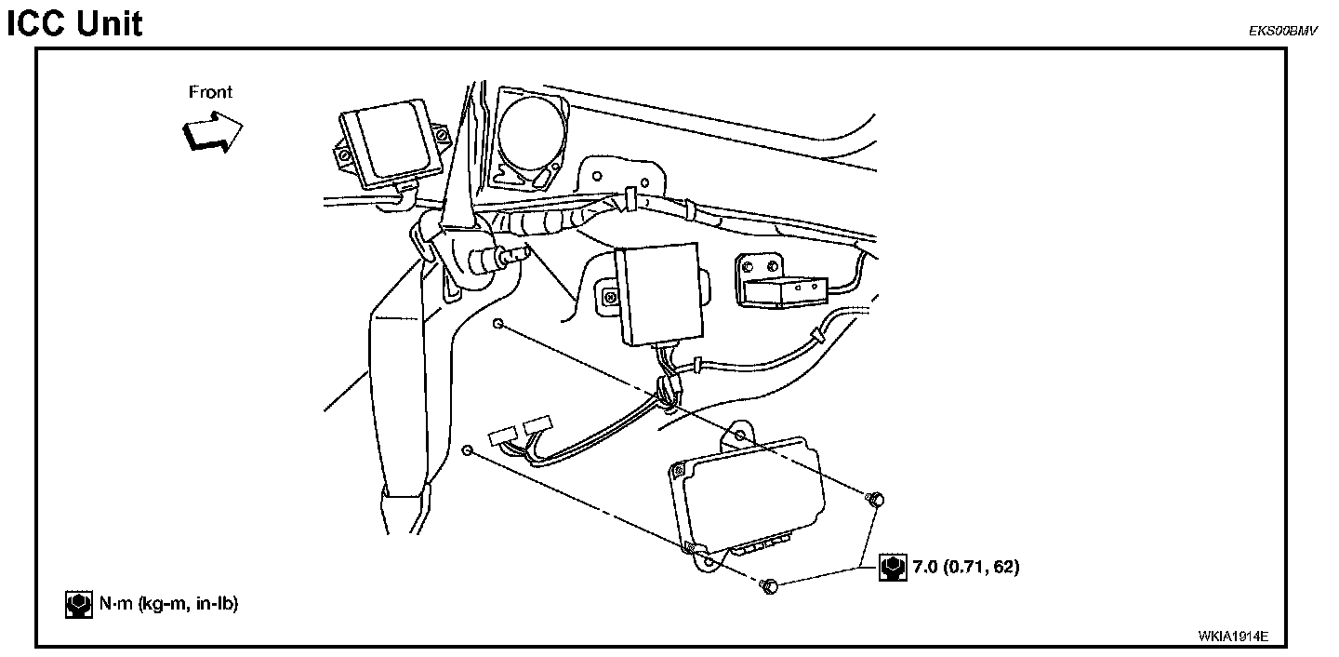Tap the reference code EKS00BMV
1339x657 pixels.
(x=1283, y=31)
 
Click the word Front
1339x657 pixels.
(x=210, y=92)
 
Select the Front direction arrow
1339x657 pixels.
(x=212, y=128)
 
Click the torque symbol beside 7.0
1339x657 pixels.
(x=893, y=567)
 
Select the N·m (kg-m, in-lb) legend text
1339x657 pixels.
(x=168, y=605)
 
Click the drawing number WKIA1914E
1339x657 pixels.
(x=1233, y=637)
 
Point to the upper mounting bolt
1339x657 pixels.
(x=873, y=500)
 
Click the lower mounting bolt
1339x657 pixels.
(x=768, y=586)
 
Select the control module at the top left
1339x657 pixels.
(x=391, y=145)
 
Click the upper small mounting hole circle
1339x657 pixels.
(x=499, y=324)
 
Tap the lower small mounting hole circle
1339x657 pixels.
(x=468, y=451)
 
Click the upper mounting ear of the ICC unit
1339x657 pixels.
(x=739, y=436)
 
